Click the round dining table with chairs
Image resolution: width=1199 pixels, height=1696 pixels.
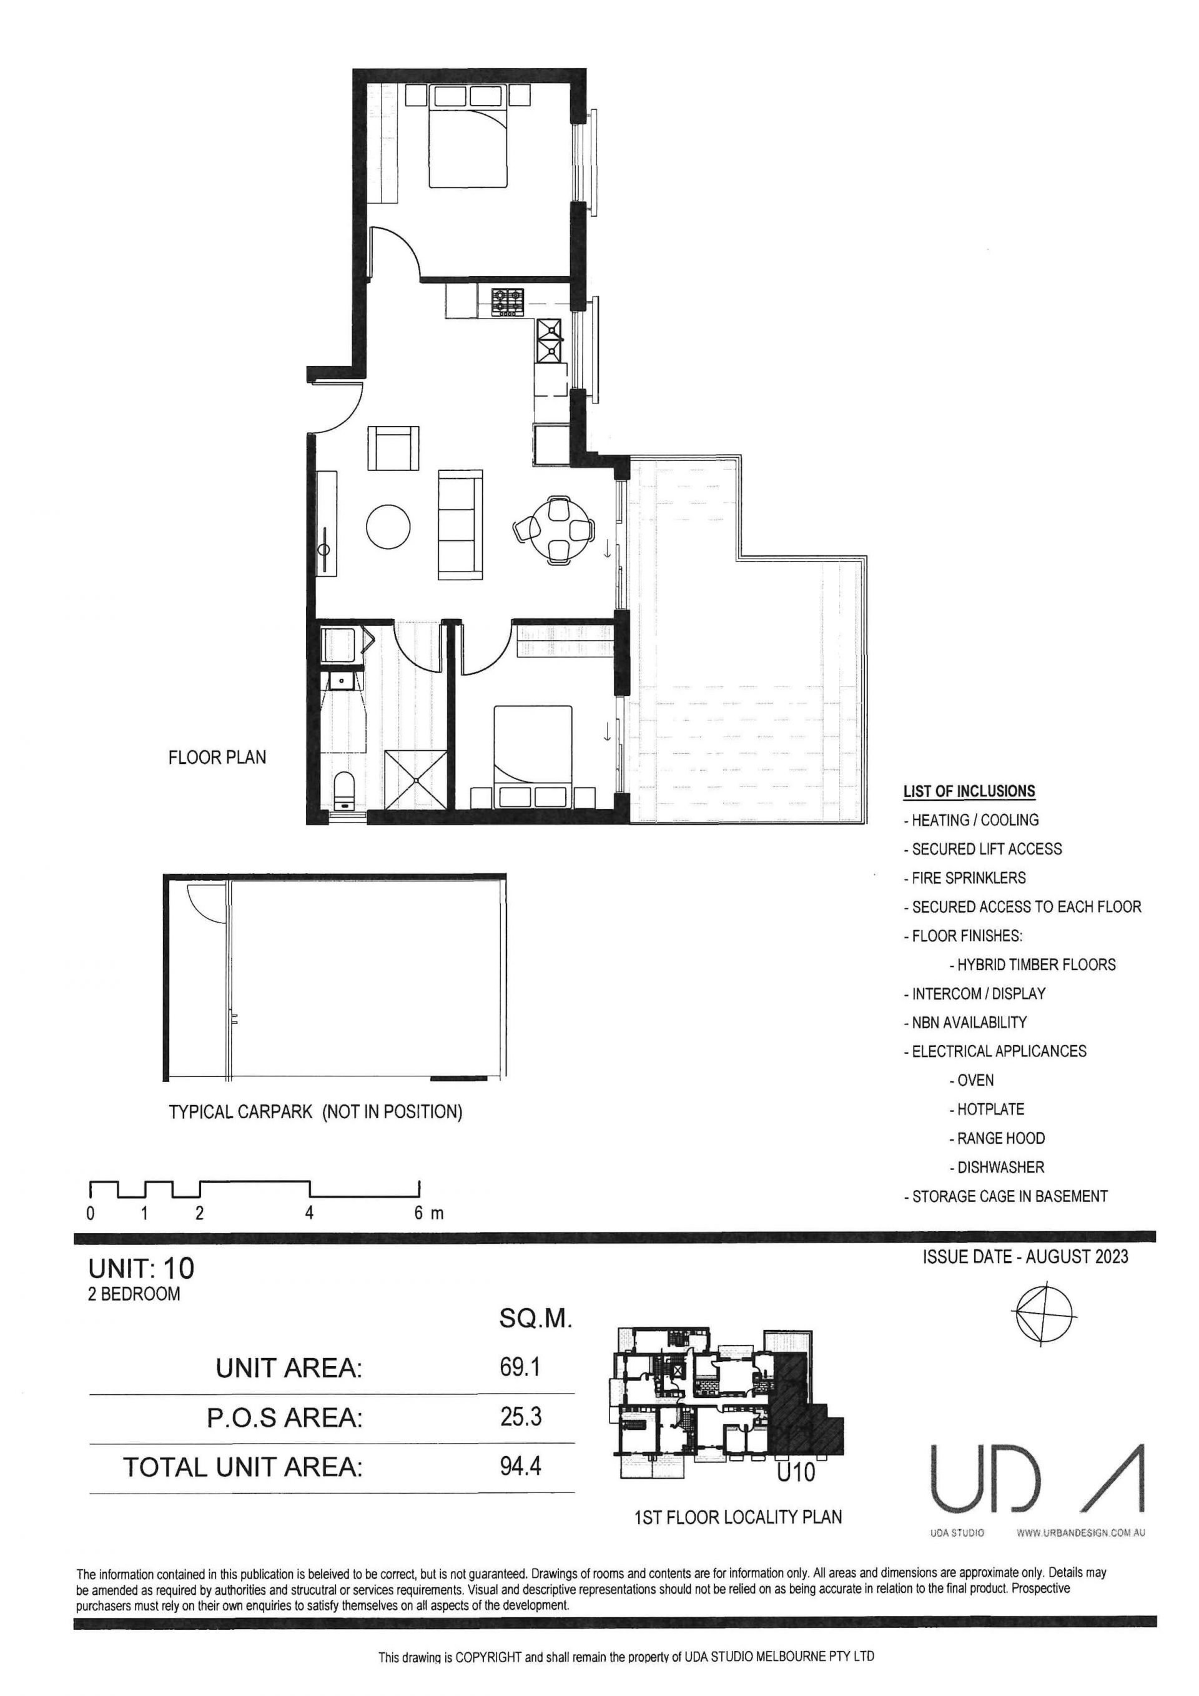(555, 529)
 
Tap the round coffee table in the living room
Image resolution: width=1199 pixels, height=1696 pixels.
(389, 526)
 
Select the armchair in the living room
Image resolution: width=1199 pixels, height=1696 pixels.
(393, 448)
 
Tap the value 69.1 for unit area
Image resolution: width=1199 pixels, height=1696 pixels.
(520, 1367)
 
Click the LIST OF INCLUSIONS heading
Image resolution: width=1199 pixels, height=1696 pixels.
(969, 791)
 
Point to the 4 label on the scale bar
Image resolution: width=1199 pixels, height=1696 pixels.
(309, 1213)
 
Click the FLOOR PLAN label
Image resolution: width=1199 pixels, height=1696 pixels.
(217, 757)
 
